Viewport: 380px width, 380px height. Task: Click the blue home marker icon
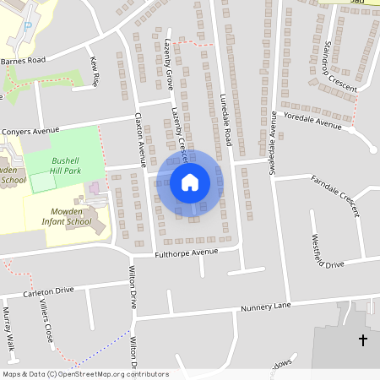click(x=190, y=182)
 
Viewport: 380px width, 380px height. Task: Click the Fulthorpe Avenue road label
click(x=186, y=252)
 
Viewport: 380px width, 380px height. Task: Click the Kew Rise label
click(x=95, y=71)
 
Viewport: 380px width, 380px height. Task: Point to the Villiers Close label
click(x=48, y=323)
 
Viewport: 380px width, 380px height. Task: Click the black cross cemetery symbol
click(x=363, y=340)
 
